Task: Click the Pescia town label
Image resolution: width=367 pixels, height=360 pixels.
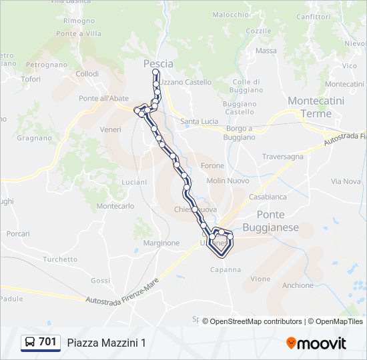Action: click(158, 64)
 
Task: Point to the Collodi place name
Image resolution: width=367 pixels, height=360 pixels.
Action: click(87, 74)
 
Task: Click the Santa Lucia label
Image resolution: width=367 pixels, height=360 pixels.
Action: click(200, 121)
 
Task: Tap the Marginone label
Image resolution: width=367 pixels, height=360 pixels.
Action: click(161, 243)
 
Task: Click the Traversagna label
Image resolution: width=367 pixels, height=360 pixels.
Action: click(282, 157)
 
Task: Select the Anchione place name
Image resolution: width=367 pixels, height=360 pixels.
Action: click(298, 285)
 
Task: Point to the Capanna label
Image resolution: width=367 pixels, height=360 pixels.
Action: click(225, 269)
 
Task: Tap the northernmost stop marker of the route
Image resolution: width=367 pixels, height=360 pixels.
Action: click(155, 72)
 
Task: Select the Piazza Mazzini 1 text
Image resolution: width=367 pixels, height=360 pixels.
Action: click(106, 343)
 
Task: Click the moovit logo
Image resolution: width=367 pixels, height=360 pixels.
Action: click(316, 343)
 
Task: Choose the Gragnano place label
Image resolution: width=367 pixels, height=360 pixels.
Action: click(34, 138)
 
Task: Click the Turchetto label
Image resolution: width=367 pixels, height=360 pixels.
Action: click(60, 259)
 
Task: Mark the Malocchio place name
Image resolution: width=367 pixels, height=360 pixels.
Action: click(230, 15)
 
